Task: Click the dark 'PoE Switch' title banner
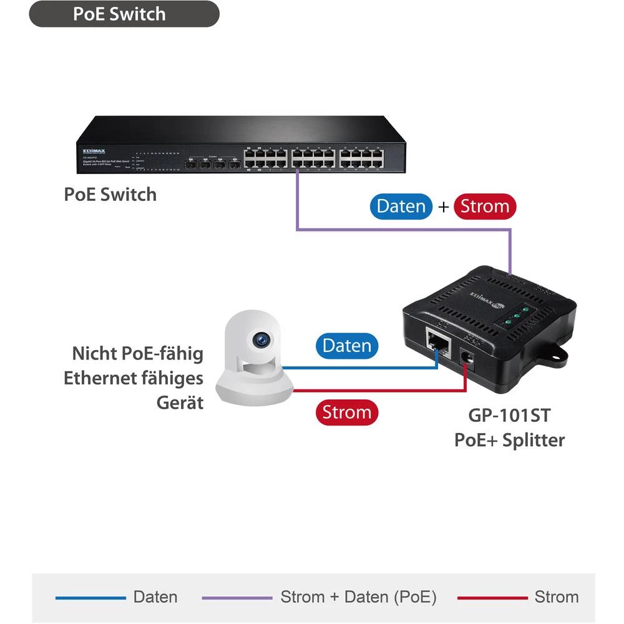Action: pos(124,14)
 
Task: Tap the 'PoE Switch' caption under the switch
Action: pos(110,194)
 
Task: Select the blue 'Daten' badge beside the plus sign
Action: pos(401,207)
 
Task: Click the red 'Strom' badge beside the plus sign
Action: pos(485,207)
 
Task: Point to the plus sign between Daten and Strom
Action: pos(443,207)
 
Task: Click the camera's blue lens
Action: pos(261,339)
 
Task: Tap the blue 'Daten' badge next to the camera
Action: pos(346,346)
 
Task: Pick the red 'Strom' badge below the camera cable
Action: pos(346,412)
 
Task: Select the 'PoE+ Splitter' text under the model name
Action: pos(509,440)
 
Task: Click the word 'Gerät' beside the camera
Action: pos(180,402)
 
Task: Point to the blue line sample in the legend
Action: pos(90,598)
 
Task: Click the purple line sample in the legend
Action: pos(237,598)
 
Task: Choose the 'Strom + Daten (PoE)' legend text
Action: pos(358,597)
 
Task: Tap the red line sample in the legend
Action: pos(492,598)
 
